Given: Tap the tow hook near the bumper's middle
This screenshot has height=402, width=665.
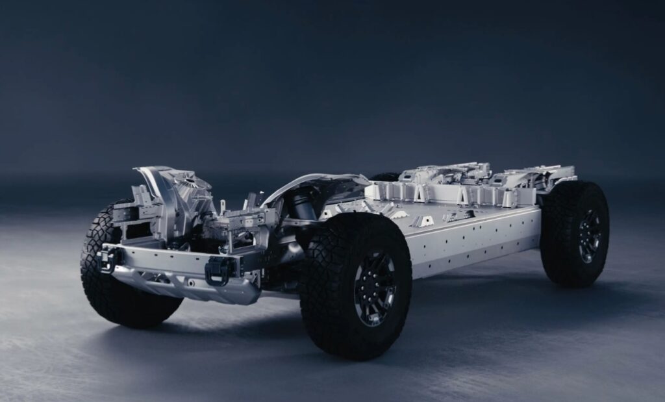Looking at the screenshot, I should click(x=218, y=270).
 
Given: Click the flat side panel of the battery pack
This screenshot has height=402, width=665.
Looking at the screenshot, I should click(x=474, y=240).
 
